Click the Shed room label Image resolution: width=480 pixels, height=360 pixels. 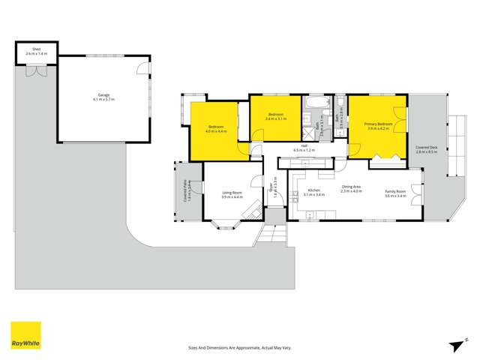pyautogui.click(x=36, y=52)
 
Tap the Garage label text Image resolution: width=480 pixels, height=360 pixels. pyautogui.click(x=103, y=97)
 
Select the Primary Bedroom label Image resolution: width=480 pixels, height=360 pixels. pyautogui.click(x=379, y=126)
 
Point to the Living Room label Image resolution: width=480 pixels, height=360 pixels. pyautogui.click(x=232, y=195)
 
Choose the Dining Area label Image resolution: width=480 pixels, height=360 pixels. pyautogui.click(x=351, y=189)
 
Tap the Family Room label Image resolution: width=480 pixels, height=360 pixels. pyautogui.click(x=396, y=193)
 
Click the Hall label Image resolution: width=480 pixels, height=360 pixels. pyautogui.click(x=304, y=148)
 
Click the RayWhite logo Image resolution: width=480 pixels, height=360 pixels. pyautogui.click(x=25, y=335)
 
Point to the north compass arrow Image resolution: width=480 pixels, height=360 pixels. pyautogui.click(x=455, y=345)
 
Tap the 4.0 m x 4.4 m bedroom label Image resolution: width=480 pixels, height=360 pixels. pyautogui.click(x=216, y=129)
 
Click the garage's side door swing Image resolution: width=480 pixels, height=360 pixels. pyautogui.click(x=142, y=70)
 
